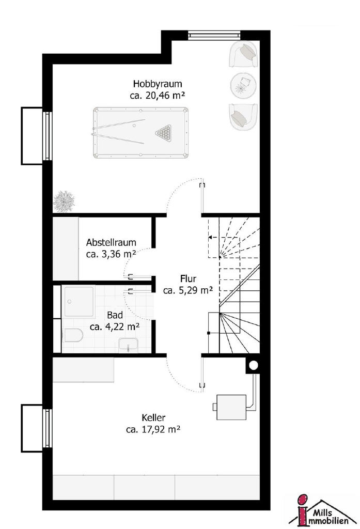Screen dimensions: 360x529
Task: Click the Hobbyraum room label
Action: tap(158, 84)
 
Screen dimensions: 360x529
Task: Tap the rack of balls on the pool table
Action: tap(164, 132)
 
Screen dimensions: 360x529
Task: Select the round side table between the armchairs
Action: tap(243, 86)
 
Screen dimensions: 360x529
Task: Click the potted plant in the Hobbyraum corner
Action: tap(64, 201)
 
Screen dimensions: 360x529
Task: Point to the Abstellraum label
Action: tap(111, 243)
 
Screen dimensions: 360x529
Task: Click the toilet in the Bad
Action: tap(72, 335)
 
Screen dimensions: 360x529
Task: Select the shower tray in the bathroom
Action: tap(80, 302)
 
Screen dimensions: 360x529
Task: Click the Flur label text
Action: tap(189, 278)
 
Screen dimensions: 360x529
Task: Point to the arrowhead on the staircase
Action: tap(210, 237)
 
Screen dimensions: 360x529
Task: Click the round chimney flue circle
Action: tap(254, 365)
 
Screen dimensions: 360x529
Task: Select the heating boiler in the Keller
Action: tap(231, 407)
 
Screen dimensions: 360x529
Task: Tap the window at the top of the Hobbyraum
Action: tap(214, 35)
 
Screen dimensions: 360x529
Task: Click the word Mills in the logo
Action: tap(323, 513)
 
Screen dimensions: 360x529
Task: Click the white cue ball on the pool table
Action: tap(134, 126)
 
